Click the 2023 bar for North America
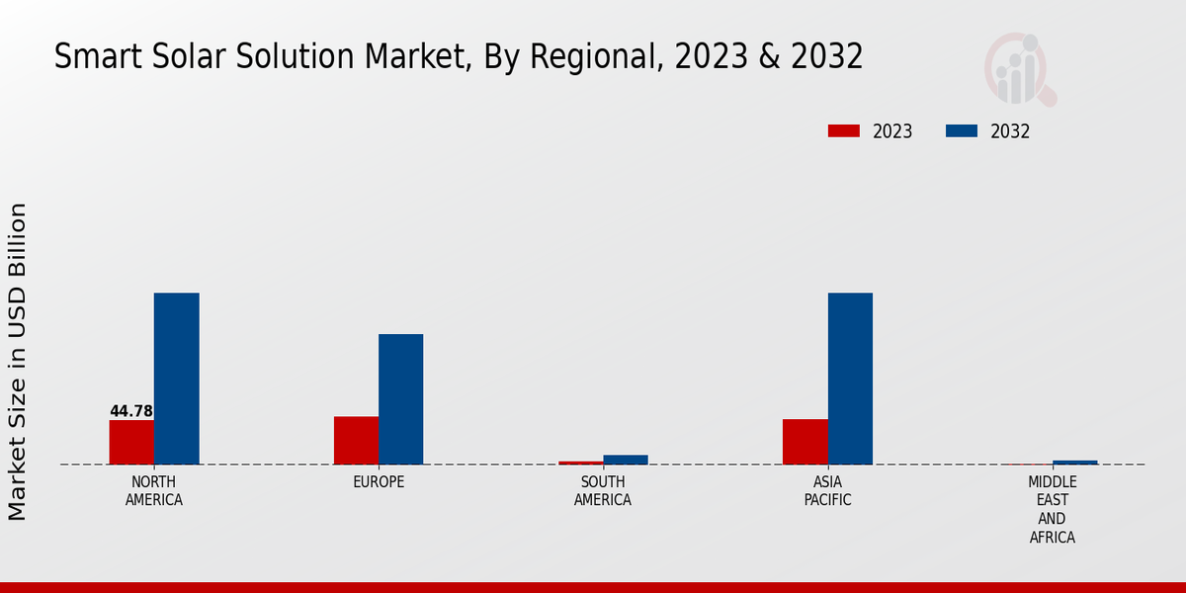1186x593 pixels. click(131, 442)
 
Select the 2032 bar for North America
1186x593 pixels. click(176, 379)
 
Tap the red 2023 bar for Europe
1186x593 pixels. click(356, 440)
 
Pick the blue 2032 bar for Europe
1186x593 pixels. click(400, 399)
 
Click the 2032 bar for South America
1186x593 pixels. click(626, 460)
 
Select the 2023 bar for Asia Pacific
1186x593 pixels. click(805, 442)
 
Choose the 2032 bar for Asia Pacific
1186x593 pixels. click(850, 379)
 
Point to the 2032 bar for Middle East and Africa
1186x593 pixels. click(1075, 462)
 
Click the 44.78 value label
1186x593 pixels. click(131, 411)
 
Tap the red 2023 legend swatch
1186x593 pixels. click(844, 131)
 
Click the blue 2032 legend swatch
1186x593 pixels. click(962, 131)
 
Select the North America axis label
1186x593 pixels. click(154, 491)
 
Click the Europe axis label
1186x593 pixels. click(379, 482)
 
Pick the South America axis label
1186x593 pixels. click(603, 491)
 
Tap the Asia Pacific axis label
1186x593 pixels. click(828, 491)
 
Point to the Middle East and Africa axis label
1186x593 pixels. click(1053, 510)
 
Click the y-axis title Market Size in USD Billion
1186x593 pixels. click(18, 361)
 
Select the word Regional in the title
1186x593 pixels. click(602, 57)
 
